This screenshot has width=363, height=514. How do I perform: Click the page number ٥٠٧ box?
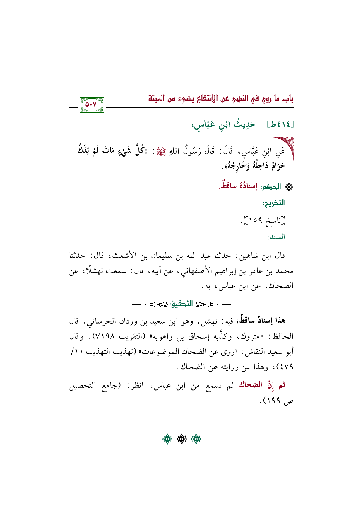[x=92, y=105]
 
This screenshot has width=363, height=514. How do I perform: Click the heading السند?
[x=276, y=237]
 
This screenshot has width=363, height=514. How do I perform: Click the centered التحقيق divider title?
[x=182, y=304]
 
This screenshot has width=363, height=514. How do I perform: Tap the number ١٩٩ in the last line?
[x=274, y=400]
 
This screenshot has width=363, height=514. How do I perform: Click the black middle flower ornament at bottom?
[x=181, y=439]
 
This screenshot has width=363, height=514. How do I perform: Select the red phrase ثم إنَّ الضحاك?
[x=262, y=385]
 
